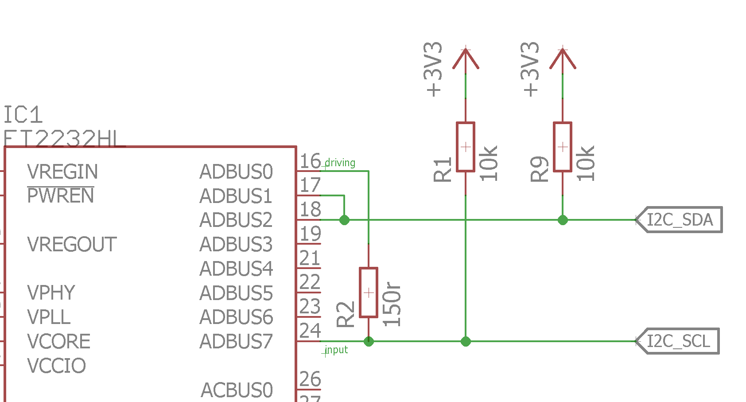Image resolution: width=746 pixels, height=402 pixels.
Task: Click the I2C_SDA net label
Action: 680,220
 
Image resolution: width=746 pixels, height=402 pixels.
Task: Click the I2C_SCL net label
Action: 678,341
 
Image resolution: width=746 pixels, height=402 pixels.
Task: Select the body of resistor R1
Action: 466,147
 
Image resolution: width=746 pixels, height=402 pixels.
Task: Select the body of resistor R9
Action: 563,147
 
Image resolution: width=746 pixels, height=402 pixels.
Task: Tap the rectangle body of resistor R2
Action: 369,293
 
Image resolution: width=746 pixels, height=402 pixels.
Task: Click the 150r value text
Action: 392,304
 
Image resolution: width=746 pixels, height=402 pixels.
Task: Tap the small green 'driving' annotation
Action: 340,163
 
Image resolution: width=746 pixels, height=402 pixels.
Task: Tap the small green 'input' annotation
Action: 336,350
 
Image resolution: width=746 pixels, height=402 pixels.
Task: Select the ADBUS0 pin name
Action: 236,172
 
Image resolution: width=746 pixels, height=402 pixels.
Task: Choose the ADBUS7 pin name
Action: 236,342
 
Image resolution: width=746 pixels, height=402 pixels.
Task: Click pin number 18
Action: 310,210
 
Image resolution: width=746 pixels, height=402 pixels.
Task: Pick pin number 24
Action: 310,331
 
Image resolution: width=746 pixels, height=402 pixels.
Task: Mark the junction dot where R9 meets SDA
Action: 563,220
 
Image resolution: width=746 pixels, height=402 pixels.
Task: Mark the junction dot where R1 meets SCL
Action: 466,341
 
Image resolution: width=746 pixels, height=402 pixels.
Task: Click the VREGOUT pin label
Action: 72,245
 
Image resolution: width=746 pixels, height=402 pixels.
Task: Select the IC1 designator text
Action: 23,115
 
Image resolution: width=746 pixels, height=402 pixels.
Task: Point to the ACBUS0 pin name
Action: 237,390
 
